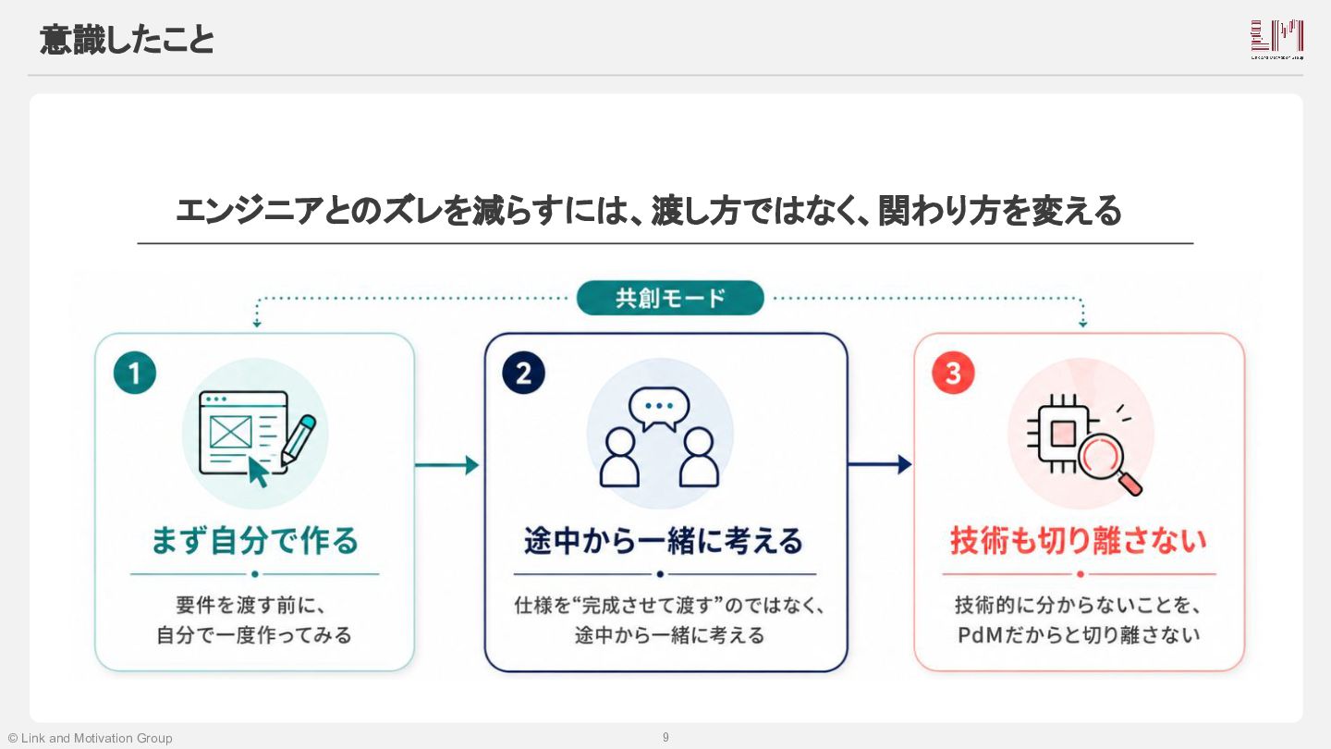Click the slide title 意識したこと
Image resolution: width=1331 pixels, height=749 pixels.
(127, 41)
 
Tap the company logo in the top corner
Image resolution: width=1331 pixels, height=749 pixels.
(1277, 39)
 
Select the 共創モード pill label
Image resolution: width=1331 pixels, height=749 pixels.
(670, 298)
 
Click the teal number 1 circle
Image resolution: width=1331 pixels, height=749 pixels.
(135, 374)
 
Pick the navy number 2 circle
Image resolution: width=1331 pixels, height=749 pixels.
(523, 374)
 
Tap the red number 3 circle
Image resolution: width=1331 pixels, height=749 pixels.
(953, 374)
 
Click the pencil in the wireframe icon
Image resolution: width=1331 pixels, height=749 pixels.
(299, 440)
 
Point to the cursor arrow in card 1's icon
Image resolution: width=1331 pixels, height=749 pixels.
(258, 472)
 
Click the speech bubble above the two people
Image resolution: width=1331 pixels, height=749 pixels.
(659, 409)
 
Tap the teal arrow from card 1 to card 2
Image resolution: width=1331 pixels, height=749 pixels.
(446, 465)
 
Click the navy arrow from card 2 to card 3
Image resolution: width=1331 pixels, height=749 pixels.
(879, 464)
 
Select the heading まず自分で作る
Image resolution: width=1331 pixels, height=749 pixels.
(255, 541)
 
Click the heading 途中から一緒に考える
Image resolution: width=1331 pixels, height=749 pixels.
(664, 541)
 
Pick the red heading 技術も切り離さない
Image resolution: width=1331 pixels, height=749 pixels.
(1079, 541)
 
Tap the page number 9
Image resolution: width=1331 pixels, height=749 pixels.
(665, 737)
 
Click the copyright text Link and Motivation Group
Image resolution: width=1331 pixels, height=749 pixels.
(96, 738)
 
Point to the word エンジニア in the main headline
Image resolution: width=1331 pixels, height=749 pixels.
(250, 211)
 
